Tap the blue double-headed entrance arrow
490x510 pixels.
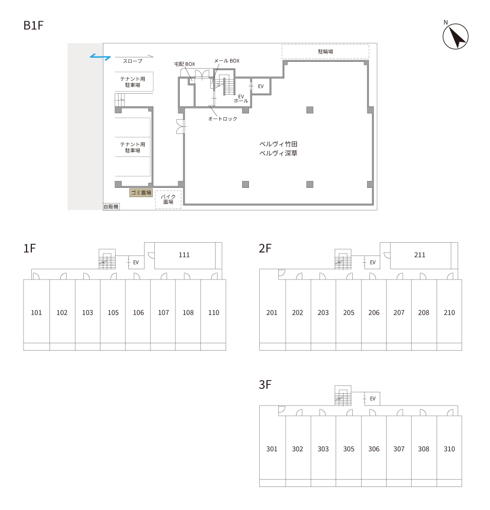[100, 57]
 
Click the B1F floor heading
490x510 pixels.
[33, 25]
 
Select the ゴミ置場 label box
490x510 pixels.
[141, 193]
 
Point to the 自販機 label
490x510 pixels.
[111, 206]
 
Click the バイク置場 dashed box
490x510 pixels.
[168, 199]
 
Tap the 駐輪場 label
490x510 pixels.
[325, 51]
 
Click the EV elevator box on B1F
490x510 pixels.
[261, 86]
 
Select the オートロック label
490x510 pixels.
[222, 119]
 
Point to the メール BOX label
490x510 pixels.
[226, 61]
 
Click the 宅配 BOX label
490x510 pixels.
[185, 64]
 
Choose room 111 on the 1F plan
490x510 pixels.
[184, 255]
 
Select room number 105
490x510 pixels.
[113, 312]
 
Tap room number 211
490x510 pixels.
[419, 255]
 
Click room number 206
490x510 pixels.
[374, 312]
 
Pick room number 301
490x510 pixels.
[271, 449]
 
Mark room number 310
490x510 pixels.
[449, 449]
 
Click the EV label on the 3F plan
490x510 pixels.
[373, 398]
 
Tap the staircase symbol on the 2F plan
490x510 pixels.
[343, 259]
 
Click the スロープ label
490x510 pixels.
[133, 61]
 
